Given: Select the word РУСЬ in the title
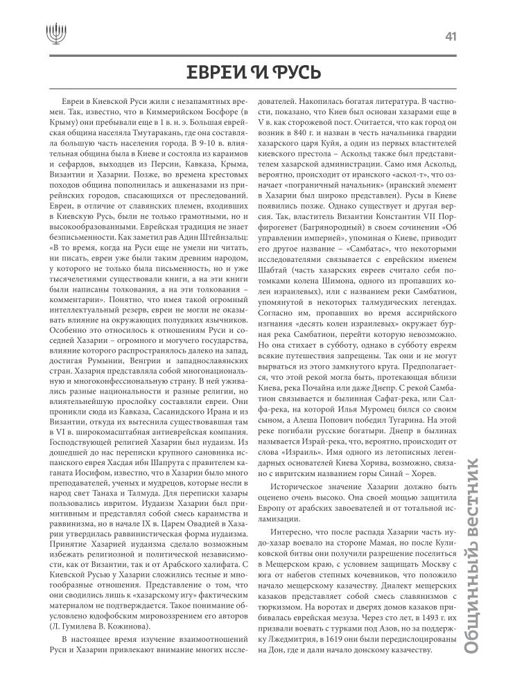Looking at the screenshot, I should click(294, 73).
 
